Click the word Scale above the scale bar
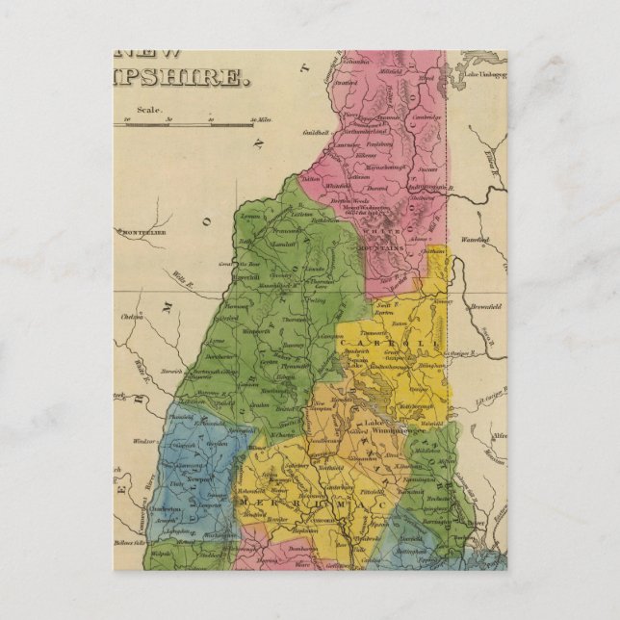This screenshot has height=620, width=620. click(148, 111)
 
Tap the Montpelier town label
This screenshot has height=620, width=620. click(142, 232)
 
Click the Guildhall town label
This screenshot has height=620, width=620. click(317, 131)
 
